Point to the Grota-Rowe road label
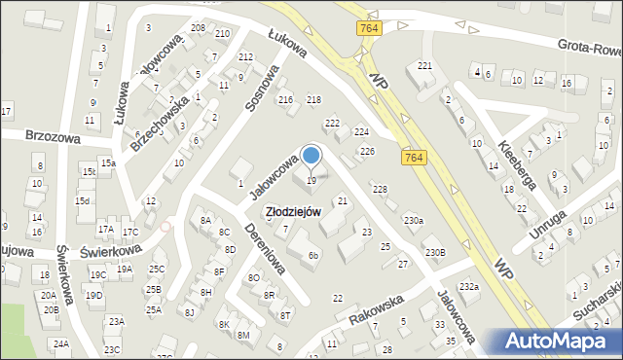click(586, 45)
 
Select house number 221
click(424, 65)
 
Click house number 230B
click(434, 253)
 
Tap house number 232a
click(469, 286)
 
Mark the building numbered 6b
click(312, 256)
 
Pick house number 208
click(198, 28)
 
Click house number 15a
click(107, 162)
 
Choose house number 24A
click(61, 343)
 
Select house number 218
click(313, 100)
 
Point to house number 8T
click(284, 315)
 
